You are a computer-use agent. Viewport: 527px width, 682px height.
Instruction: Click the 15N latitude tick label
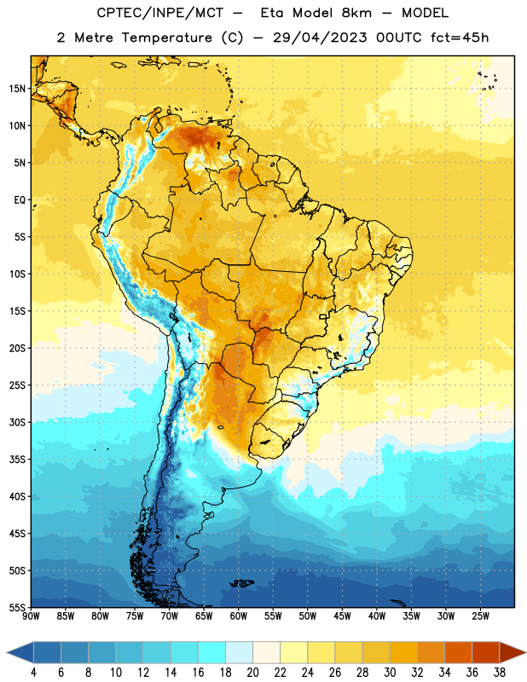(17, 89)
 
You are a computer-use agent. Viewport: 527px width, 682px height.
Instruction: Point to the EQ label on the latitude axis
(20, 200)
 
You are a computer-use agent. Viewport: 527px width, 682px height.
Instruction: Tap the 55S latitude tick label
(17, 607)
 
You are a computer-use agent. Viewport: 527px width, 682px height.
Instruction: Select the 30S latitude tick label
(17, 422)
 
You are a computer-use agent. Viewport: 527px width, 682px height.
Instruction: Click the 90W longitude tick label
(31, 616)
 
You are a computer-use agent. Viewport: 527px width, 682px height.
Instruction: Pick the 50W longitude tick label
(308, 616)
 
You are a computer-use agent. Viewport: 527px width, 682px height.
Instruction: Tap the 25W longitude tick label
(480, 616)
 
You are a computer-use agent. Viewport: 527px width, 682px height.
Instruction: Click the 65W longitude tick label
(204, 616)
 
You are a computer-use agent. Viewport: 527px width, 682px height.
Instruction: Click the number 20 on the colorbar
(252, 673)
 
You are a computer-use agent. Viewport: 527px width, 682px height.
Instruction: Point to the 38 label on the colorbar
(500, 673)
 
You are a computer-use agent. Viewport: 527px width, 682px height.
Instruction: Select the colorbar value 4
(33, 673)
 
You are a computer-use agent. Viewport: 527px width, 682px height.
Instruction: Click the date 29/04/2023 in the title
(320, 38)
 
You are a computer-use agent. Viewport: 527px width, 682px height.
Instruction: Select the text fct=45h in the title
(460, 38)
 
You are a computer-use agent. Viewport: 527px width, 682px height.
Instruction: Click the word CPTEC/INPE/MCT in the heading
(159, 13)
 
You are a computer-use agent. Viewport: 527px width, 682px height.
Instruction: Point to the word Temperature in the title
(166, 38)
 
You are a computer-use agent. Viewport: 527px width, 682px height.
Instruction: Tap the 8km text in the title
(356, 13)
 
